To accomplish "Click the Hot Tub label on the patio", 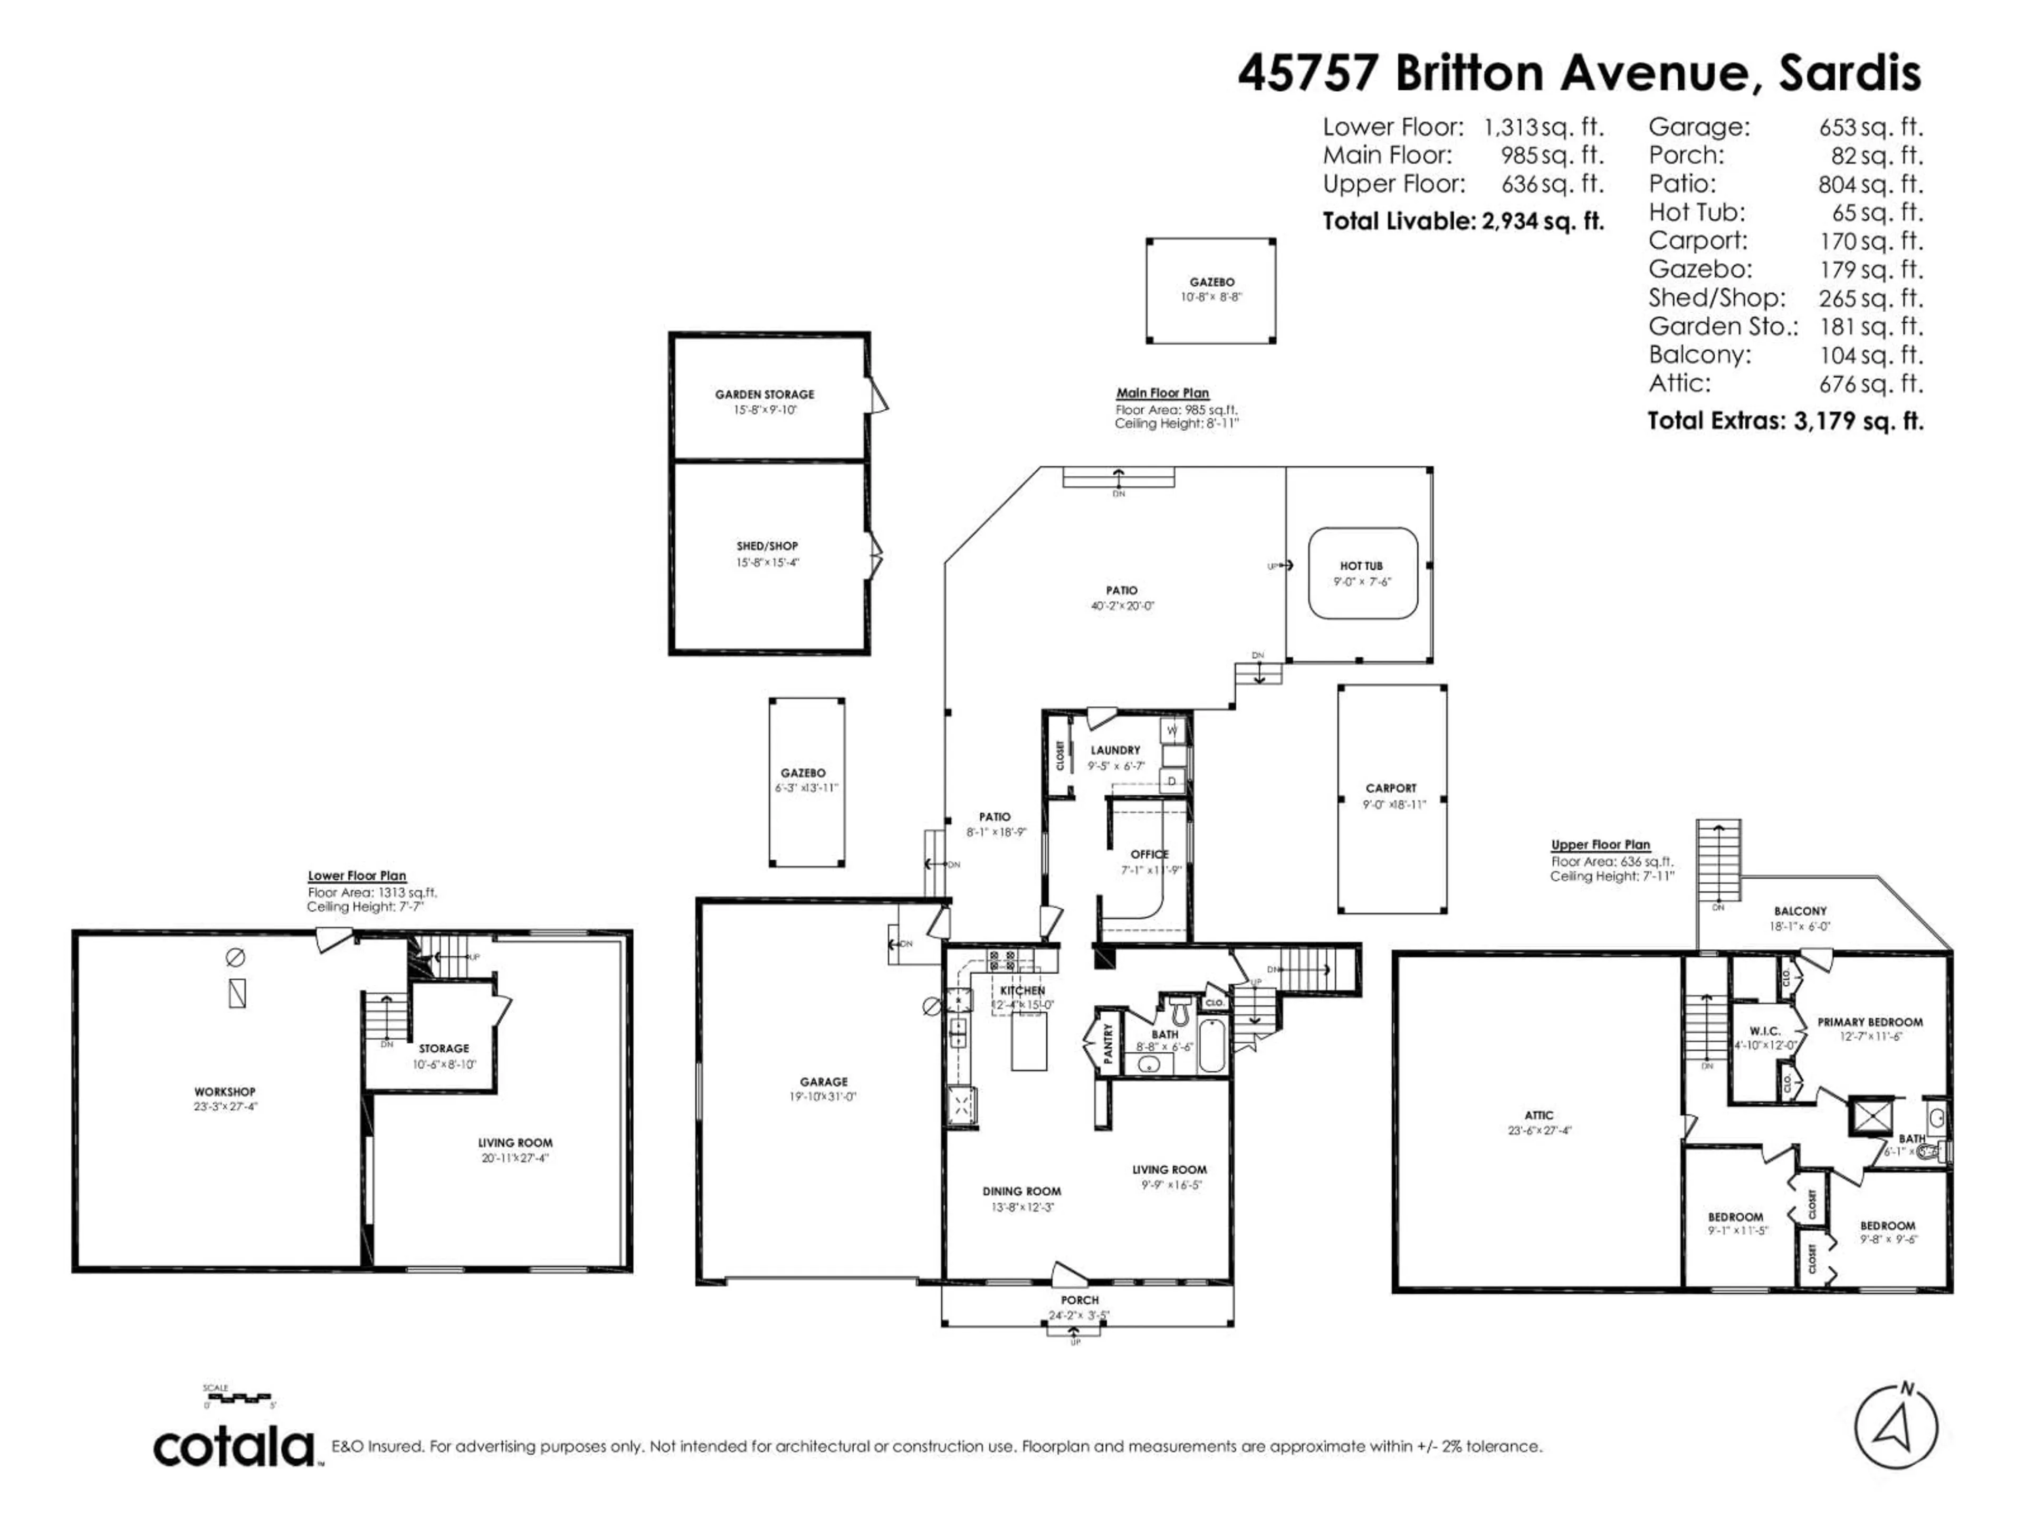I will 1361,566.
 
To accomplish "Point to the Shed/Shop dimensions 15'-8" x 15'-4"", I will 768,562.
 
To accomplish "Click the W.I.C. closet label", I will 1764,1031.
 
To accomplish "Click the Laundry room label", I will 1115,750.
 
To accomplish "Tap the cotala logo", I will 234,1448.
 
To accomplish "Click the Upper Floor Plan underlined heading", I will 1600,844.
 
